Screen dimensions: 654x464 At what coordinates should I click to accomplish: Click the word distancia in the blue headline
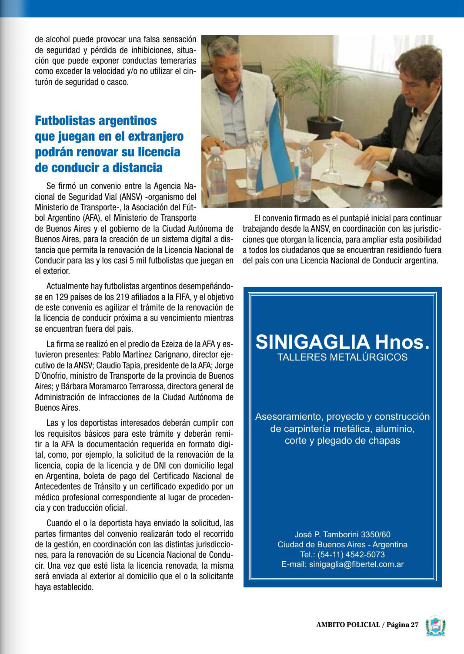pyautogui.click(x=137, y=168)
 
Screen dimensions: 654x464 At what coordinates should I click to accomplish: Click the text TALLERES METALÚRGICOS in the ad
pyautogui.click(x=342, y=357)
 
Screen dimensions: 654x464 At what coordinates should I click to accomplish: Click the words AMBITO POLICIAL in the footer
pyautogui.click(x=348, y=624)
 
